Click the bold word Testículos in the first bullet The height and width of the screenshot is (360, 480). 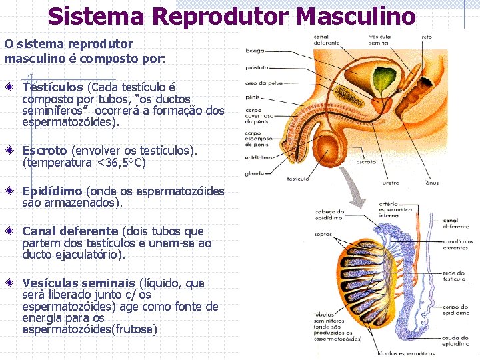coord(53,87)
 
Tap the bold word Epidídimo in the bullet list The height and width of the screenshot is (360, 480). coord(53,191)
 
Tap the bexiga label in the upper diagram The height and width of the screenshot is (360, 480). coord(255,50)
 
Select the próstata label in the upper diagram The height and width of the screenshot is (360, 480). coord(257,67)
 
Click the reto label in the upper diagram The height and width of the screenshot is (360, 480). coord(427,37)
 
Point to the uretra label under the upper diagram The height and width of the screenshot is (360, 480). coord(391,182)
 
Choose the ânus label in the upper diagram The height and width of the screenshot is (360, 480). coord(432,182)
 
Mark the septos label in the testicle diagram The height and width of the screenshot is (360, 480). coord(325,235)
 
